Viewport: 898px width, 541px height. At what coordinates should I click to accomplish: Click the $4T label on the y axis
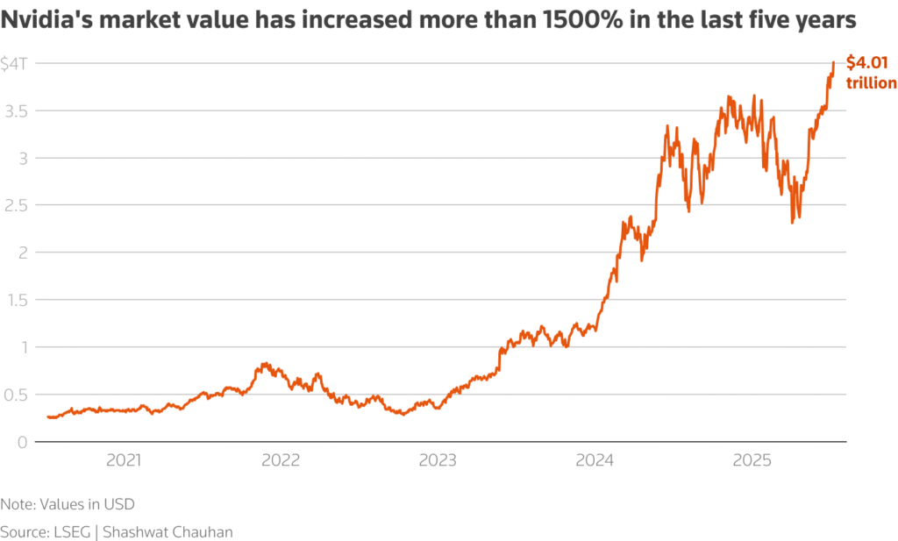(x=15, y=63)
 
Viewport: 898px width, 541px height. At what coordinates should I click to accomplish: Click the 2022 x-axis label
(x=282, y=459)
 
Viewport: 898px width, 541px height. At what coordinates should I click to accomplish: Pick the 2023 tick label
(x=438, y=459)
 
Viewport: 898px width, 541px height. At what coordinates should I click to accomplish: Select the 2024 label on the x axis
(x=595, y=459)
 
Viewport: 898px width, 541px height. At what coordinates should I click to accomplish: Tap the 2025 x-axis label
(x=752, y=459)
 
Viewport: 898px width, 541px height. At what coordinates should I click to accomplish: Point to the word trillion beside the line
(x=871, y=82)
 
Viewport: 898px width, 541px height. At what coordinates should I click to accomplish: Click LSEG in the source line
(x=69, y=531)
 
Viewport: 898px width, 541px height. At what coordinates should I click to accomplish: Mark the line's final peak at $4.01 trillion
(x=833, y=62)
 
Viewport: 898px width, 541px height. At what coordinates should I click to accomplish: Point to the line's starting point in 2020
(x=47, y=416)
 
